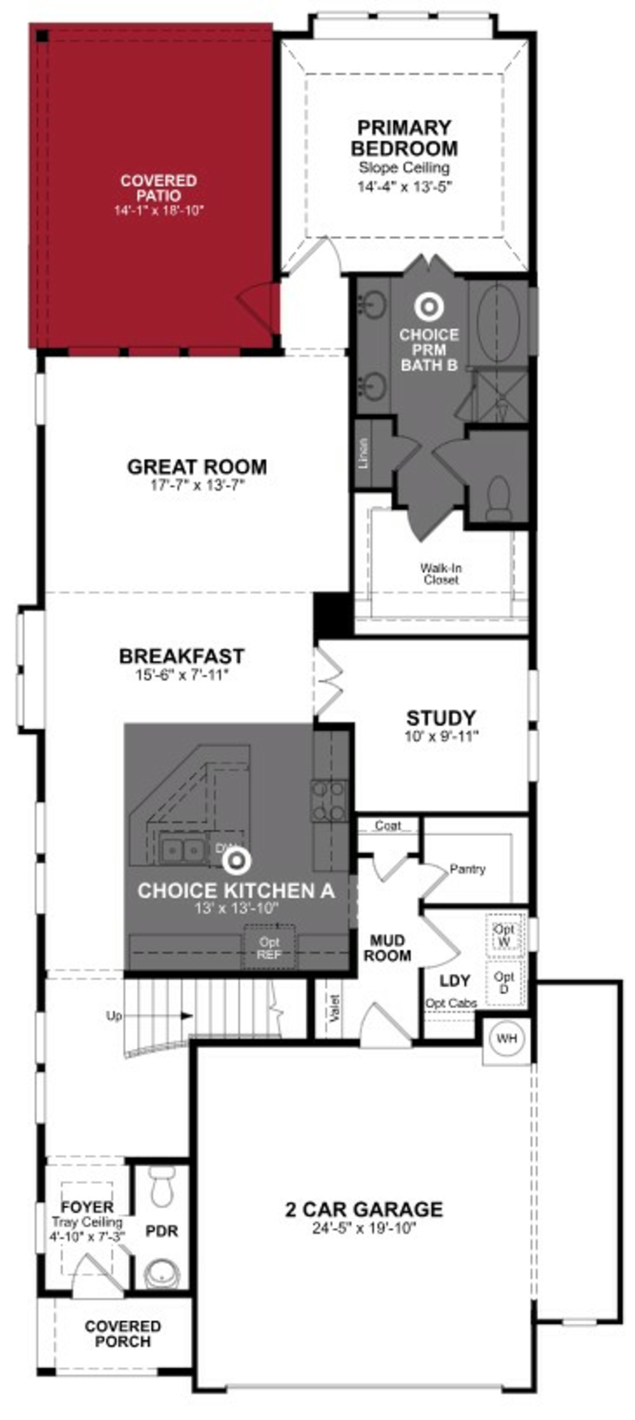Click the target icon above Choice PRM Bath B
pyautogui.click(x=429, y=307)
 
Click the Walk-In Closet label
pyautogui.click(x=441, y=573)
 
